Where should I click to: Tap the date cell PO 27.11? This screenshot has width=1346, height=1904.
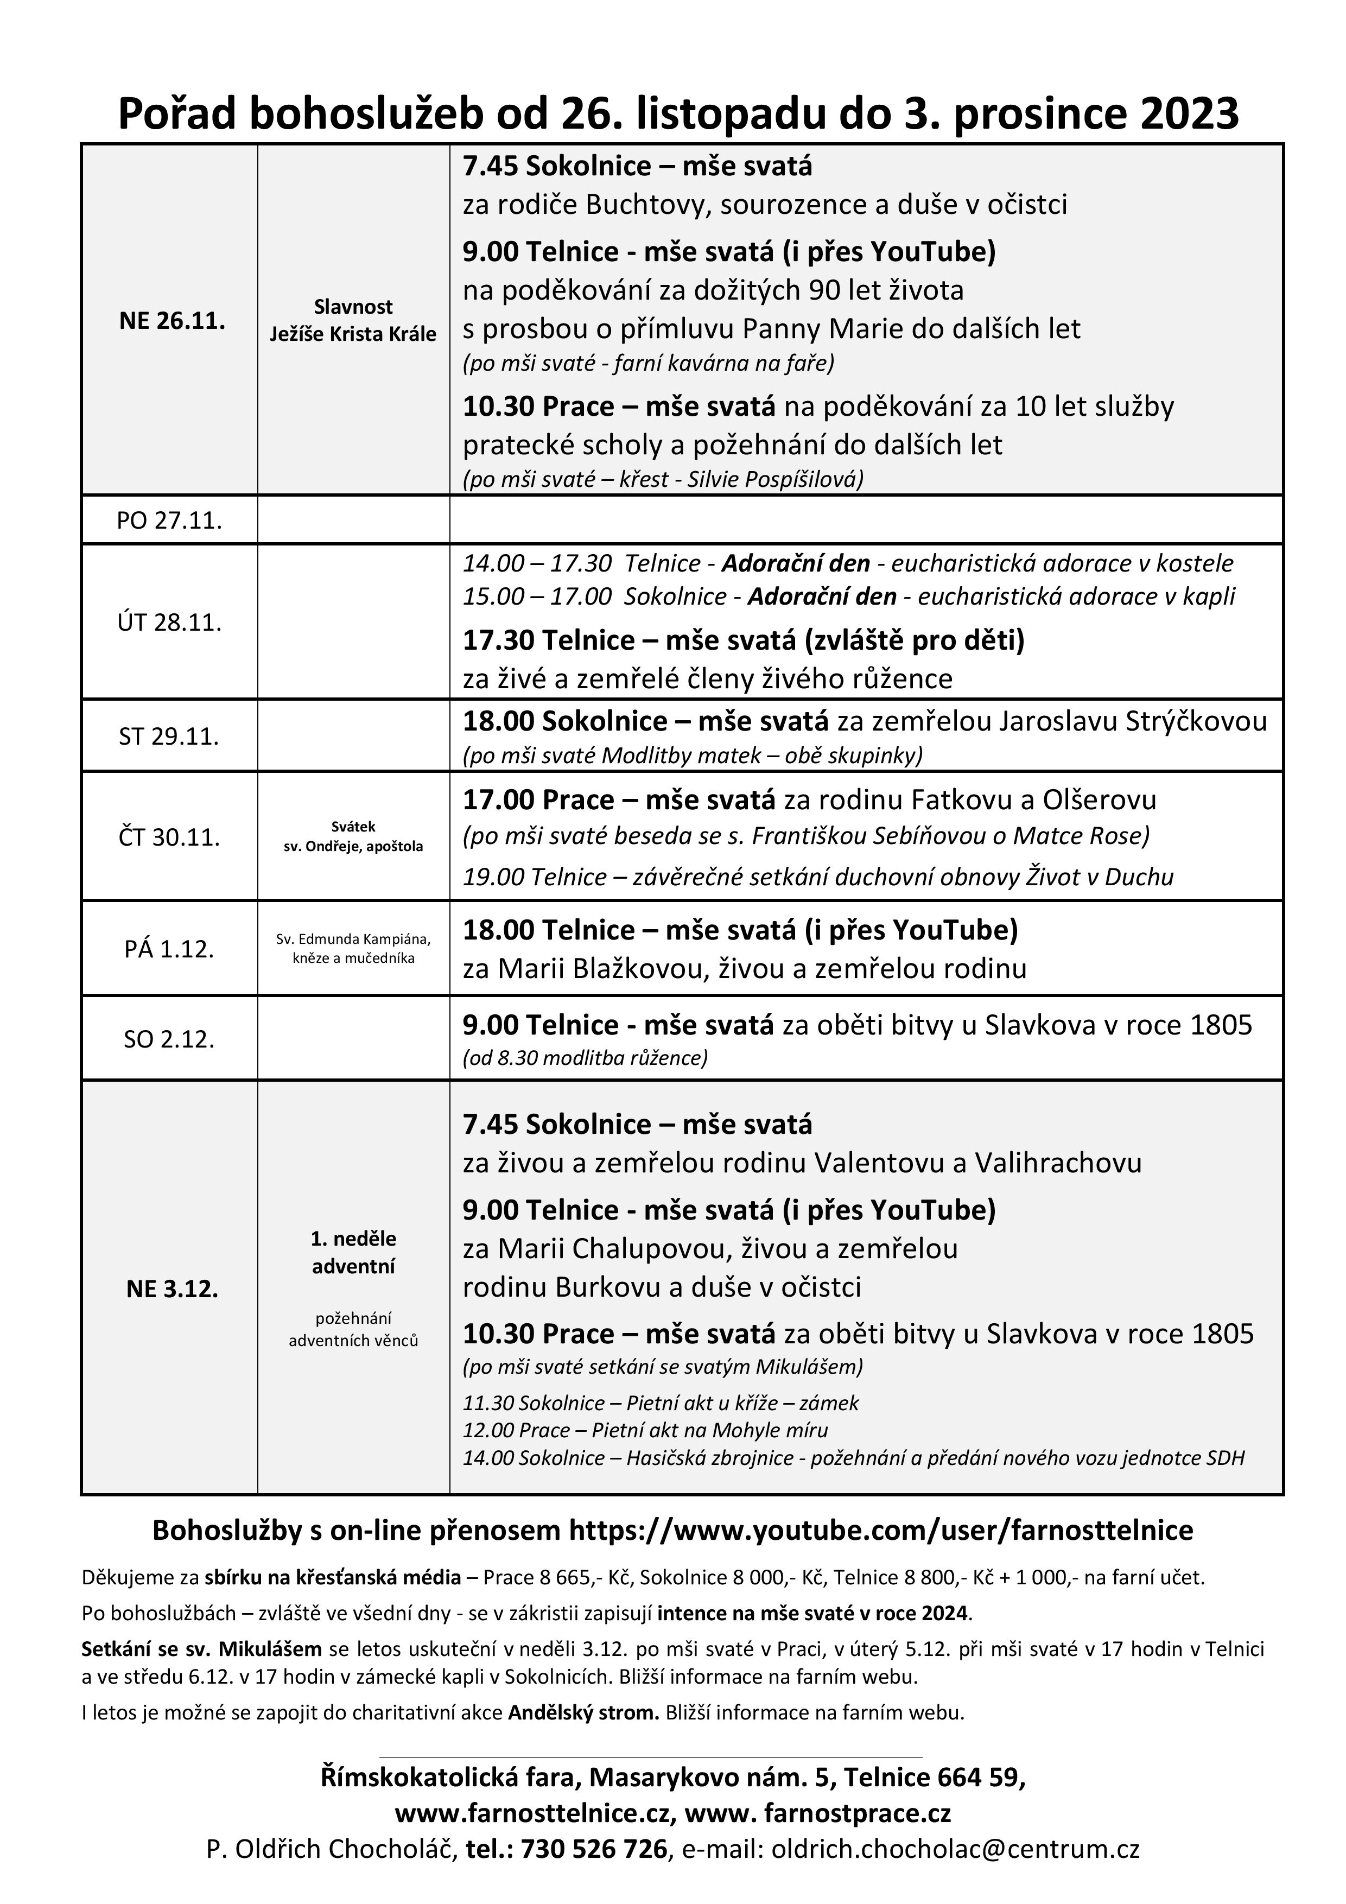[169, 521]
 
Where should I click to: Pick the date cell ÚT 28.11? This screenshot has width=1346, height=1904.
[169, 622]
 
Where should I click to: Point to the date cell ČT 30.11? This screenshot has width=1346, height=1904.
[169, 837]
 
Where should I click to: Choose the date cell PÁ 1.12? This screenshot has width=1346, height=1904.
[169, 949]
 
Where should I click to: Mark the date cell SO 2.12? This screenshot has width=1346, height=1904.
[169, 1039]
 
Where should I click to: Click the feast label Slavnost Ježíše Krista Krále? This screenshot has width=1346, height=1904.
[353, 321]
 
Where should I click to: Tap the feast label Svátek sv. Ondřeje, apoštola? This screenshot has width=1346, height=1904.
[353, 837]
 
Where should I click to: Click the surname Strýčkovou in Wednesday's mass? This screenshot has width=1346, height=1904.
[1196, 721]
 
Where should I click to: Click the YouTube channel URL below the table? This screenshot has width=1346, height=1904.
[881, 1531]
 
